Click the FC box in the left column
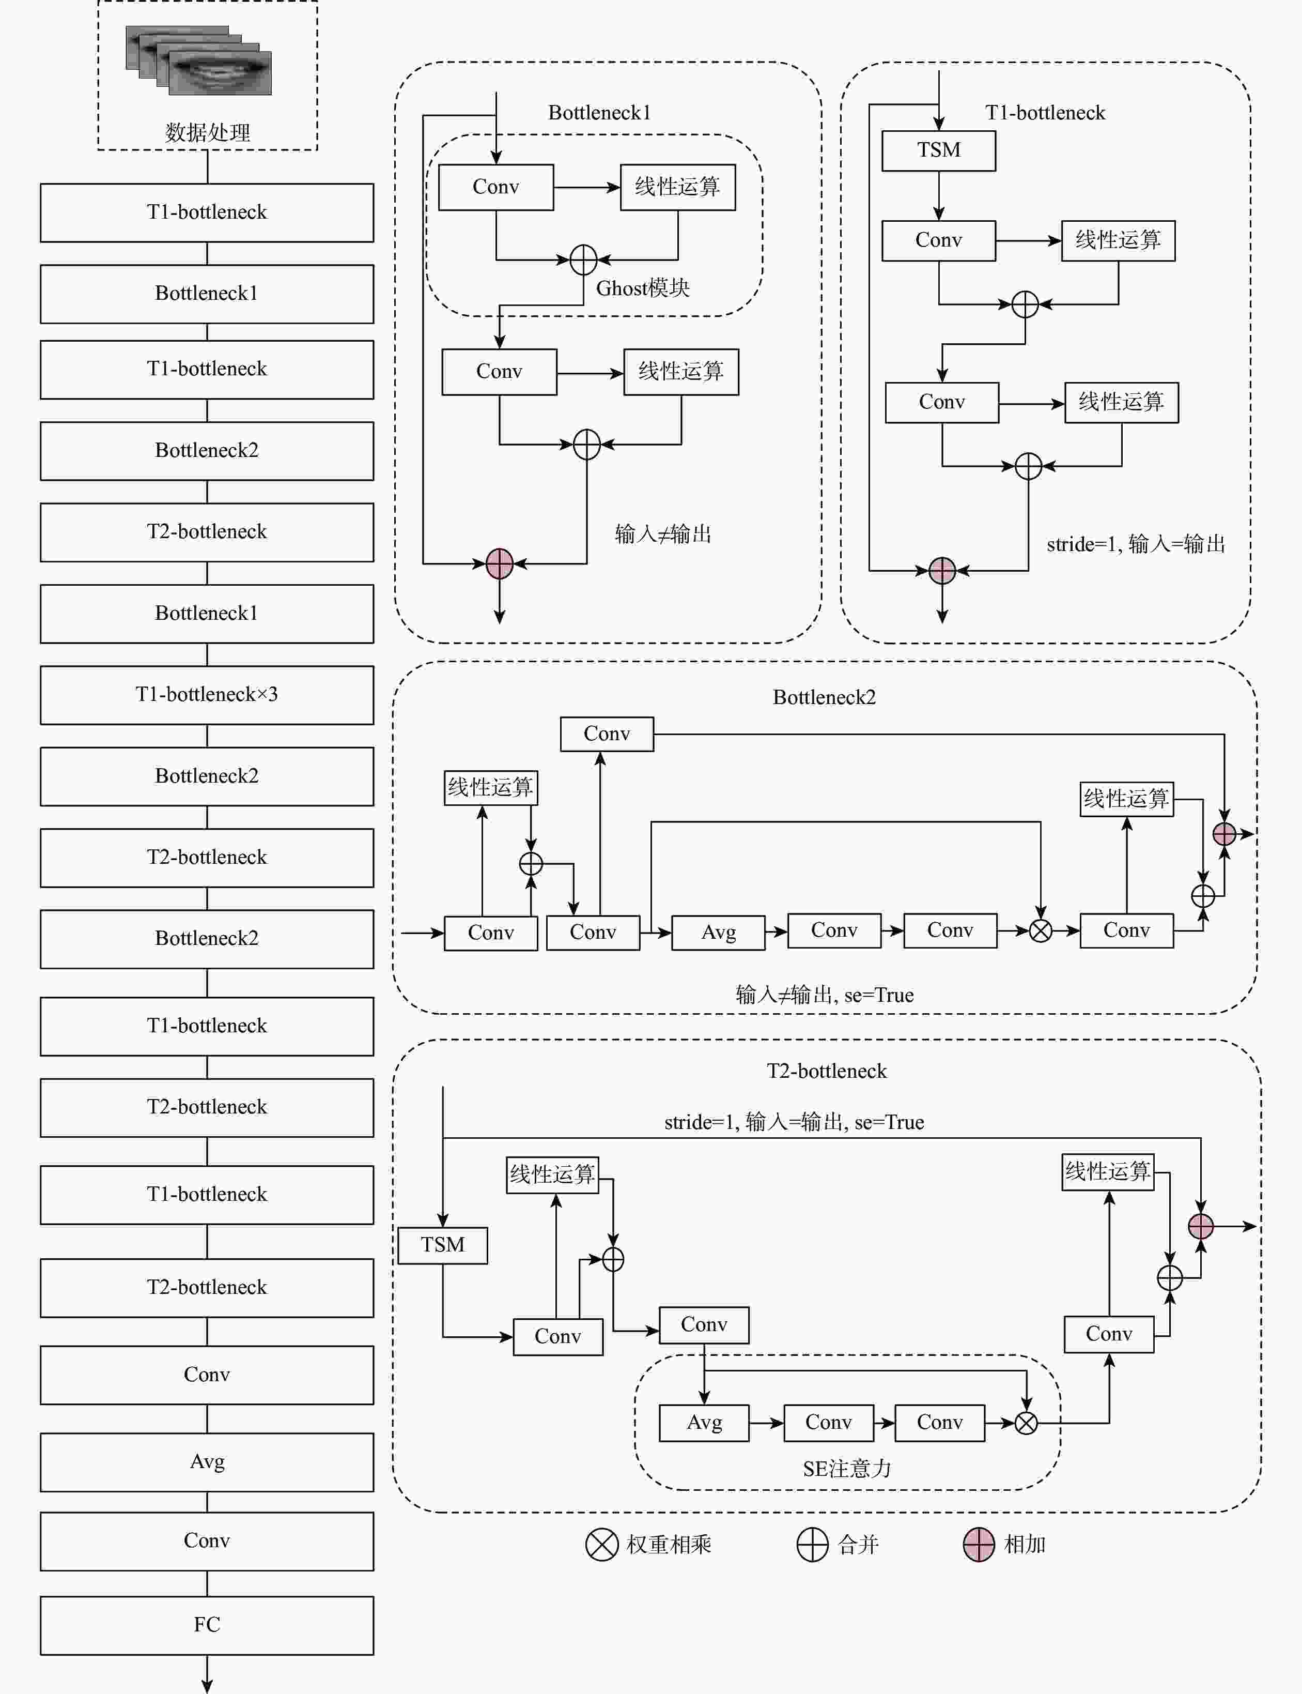[207, 1625]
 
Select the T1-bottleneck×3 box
[207, 695]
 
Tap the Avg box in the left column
[207, 1462]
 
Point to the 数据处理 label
[207, 132]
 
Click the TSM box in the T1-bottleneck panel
[938, 150]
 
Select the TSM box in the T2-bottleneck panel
[442, 1245]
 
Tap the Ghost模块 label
[643, 288]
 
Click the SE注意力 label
[847, 1469]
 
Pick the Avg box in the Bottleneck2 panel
[718, 932]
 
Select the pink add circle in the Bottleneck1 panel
[500, 563]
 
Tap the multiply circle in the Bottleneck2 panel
[1040, 930]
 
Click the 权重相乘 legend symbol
[601, 1545]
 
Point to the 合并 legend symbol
[812, 1545]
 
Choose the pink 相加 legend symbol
[979, 1545]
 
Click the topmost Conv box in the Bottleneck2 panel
[607, 734]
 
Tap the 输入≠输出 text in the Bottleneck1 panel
[662, 533]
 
